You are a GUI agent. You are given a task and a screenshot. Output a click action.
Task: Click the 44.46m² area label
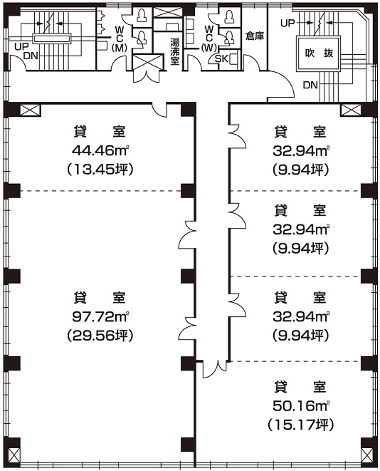click(100, 150)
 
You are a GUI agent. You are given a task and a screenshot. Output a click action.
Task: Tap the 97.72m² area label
click(100, 316)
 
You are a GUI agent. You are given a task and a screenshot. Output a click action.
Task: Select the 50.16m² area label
click(301, 405)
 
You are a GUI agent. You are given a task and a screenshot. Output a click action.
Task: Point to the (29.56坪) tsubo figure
click(100, 335)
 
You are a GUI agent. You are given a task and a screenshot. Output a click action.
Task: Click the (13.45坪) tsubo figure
click(100, 170)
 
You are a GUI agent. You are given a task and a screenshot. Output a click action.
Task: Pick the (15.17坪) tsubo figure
click(301, 425)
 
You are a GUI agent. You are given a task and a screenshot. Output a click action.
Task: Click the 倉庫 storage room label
click(255, 36)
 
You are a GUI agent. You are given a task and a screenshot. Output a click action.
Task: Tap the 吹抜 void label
click(319, 53)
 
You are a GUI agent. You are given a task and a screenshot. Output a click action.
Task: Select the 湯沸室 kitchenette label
click(174, 51)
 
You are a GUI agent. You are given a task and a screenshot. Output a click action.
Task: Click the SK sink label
click(221, 59)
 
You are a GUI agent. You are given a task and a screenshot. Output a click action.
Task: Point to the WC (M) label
click(120, 38)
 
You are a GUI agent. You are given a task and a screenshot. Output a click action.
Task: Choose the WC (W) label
click(209, 38)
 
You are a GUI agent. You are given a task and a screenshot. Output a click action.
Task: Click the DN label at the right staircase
click(310, 86)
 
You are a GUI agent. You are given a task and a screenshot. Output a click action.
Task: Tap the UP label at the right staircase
click(287, 23)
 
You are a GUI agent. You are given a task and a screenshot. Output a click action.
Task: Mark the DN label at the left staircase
click(31, 56)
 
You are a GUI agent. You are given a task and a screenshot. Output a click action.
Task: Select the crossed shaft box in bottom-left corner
click(14, 455)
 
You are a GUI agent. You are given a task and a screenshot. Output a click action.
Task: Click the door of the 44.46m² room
click(159, 108)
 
